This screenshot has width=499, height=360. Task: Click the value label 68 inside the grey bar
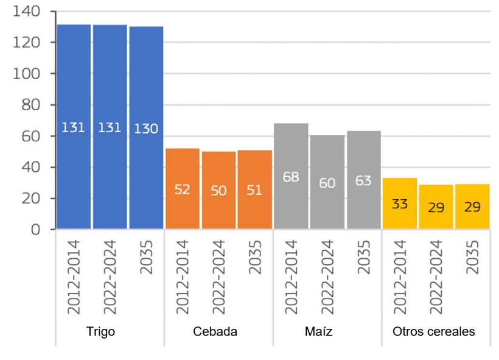[291, 177]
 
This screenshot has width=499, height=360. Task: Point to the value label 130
[146, 129]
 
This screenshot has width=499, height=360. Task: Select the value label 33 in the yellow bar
[400, 204]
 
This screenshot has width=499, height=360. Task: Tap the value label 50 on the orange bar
[218, 191]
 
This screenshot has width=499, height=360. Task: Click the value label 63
[363, 181]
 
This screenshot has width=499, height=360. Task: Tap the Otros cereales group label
[434, 332]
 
